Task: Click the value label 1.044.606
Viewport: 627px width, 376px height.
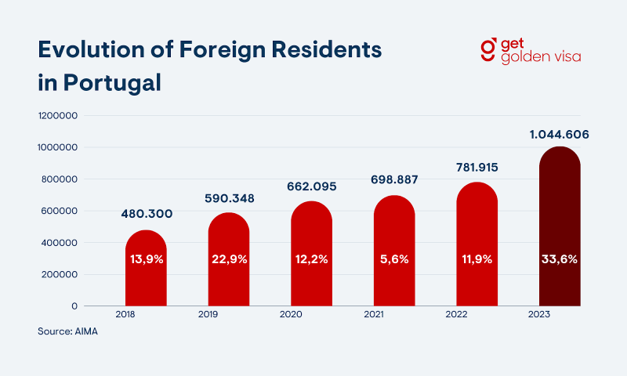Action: click(x=560, y=135)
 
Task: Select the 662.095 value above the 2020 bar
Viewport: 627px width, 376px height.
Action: click(x=311, y=186)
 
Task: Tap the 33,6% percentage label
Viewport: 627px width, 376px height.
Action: click(x=560, y=259)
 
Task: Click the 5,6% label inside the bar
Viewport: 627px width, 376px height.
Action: click(x=394, y=259)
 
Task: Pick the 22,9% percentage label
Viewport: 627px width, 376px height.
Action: click(x=229, y=259)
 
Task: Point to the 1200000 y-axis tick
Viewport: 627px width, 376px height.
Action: click(x=57, y=116)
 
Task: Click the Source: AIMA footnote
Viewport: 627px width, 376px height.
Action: click(x=67, y=332)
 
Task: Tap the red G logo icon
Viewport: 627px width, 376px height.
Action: click(x=487, y=49)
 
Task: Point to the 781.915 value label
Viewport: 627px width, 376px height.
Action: click(x=477, y=168)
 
